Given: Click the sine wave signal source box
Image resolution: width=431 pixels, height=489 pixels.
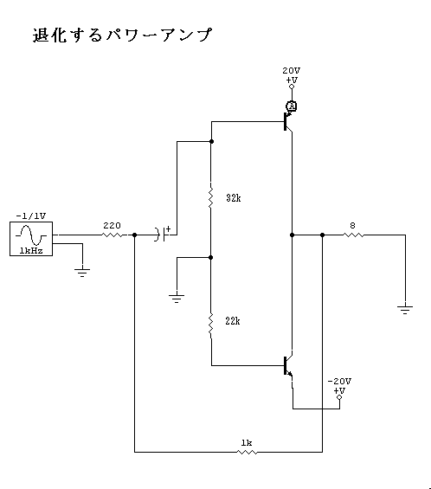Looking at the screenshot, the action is (31, 239).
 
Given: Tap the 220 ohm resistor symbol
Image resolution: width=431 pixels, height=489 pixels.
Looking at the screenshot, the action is (113, 235).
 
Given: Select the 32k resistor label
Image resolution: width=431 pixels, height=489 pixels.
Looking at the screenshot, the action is (234, 198).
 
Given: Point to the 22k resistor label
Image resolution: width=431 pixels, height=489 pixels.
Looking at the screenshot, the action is (233, 321).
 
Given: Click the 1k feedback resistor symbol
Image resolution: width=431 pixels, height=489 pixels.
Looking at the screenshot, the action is (247, 452).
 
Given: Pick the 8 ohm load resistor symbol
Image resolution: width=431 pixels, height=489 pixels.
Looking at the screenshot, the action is (353, 235).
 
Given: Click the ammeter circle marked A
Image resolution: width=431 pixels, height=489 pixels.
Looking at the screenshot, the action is (292, 106).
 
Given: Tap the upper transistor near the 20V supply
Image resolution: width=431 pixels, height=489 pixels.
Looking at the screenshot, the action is (288, 122).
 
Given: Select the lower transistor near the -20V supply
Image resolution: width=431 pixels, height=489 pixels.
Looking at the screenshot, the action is (288, 365).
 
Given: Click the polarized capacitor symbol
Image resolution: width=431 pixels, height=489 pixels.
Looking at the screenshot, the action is (161, 235).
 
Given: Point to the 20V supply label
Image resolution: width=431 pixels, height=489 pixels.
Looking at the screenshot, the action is (292, 71).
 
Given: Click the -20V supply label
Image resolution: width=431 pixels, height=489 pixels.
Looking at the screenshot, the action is (339, 382).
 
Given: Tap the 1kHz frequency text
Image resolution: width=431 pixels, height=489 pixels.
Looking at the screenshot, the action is (31, 251).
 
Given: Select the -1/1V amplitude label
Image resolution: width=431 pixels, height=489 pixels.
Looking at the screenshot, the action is (31, 216).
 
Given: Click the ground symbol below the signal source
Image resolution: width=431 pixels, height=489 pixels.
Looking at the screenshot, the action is (82, 273).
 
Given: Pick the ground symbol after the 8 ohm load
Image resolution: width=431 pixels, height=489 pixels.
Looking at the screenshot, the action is (405, 310).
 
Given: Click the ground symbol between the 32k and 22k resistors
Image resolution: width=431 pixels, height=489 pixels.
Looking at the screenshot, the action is (177, 299).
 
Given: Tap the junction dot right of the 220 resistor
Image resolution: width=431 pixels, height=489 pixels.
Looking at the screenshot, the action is (134, 235).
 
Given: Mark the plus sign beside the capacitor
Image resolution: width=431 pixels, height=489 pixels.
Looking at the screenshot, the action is (168, 229).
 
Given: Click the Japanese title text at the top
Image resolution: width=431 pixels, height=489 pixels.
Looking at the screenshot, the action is (122, 35).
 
